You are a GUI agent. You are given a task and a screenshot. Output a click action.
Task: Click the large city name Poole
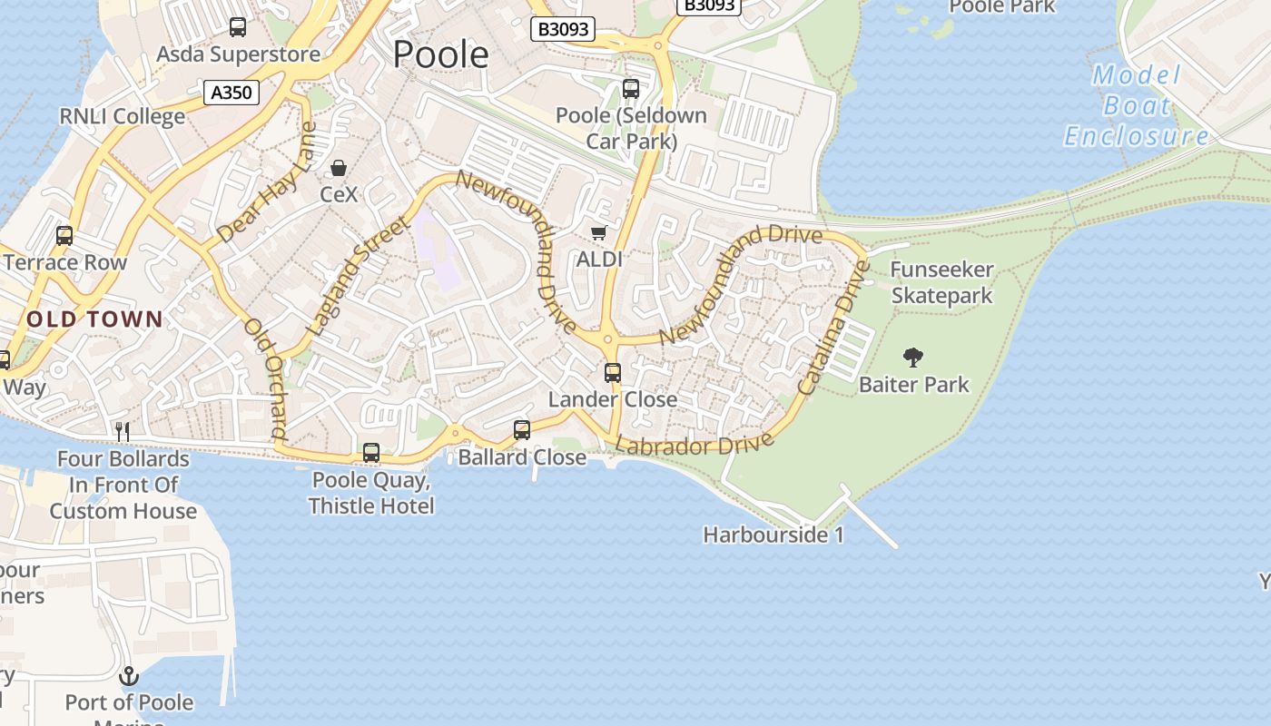click(440, 54)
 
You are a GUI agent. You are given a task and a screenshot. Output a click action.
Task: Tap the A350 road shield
click(232, 92)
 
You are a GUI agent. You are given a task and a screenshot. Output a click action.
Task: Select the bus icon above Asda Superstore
click(238, 27)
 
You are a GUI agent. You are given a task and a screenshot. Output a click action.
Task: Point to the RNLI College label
click(122, 116)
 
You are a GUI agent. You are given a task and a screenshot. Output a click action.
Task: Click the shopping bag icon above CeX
click(339, 168)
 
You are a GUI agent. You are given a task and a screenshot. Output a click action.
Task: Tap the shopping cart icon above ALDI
click(599, 233)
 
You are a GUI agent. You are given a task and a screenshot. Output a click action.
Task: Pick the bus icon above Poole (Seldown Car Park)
click(631, 89)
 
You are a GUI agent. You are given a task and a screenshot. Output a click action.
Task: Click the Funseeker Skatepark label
click(941, 282)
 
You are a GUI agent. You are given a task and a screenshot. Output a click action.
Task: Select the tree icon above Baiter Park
click(913, 357)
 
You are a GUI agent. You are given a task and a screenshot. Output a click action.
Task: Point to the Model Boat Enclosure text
click(1137, 105)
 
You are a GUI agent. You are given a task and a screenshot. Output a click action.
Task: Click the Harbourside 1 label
click(773, 535)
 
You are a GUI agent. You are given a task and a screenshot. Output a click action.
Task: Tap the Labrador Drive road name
click(695, 445)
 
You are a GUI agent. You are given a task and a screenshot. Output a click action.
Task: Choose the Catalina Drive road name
click(833, 329)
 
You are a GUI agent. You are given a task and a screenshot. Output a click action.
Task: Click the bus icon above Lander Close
click(613, 372)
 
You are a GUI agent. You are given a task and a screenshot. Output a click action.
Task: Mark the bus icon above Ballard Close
click(522, 429)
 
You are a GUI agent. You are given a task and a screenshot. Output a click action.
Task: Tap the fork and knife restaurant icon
click(123, 431)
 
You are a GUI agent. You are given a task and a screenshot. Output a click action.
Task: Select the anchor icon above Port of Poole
click(129, 676)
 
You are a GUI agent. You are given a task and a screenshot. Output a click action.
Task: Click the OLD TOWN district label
click(94, 319)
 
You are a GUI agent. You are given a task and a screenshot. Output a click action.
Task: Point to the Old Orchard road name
click(266, 379)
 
